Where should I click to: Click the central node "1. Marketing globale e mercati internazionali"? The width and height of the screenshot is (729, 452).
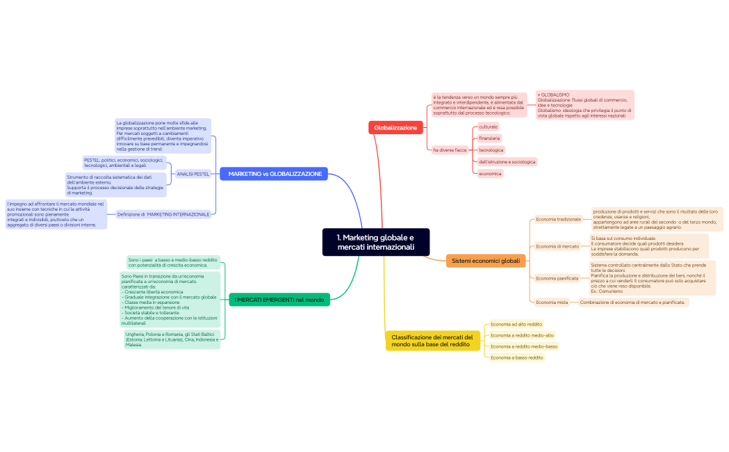pyautogui.click(x=376, y=242)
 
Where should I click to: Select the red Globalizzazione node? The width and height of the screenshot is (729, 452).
pyautogui.click(x=395, y=127)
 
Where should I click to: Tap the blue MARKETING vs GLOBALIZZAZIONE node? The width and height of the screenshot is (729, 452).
pyautogui.click(x=275, y=174)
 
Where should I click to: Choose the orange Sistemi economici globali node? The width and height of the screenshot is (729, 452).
pyautogui.click(x=485, y=261)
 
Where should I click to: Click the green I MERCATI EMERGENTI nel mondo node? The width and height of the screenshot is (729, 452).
pyautogui.click(x=279, y=300)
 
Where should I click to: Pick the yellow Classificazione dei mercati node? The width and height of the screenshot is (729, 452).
pyautogui.click(x=432, y=341)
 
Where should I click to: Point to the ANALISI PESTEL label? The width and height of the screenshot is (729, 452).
pyautogui.click(x=193, y=174)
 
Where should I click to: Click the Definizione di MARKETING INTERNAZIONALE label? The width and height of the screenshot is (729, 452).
pyautogui.click(x=163, y=214)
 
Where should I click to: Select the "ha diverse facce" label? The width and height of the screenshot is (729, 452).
pyautogui.click(x=450, y=150)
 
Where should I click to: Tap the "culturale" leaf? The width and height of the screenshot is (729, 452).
pyautogui.click(x=488, y=127)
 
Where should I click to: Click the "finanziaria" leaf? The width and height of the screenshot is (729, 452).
pyautogui.click(x=489, y=138)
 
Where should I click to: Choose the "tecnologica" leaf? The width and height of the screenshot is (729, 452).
pyautogui.click(x=491, y=150)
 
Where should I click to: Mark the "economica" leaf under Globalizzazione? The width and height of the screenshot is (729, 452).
pyautogui.click(x=490, y=173)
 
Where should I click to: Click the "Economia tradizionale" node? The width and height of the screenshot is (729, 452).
pyautogui.click(x=558, y=220)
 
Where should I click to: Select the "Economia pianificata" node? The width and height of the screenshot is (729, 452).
pyautogui.click(x=557, y=278)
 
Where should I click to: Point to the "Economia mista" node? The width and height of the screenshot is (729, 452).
pyautogui.click(x=552, y=302)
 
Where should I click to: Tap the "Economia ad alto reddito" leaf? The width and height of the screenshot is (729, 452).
pyautogui.click(x=516, y=324)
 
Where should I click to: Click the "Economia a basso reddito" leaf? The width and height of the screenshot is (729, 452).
pyautogui.click(x=516, y=357)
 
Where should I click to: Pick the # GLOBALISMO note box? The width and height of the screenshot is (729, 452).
pyautogui.click(x=584, y=105)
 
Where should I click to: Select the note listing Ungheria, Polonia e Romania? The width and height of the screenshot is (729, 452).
pyautogui.click(x=172, y=339)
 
